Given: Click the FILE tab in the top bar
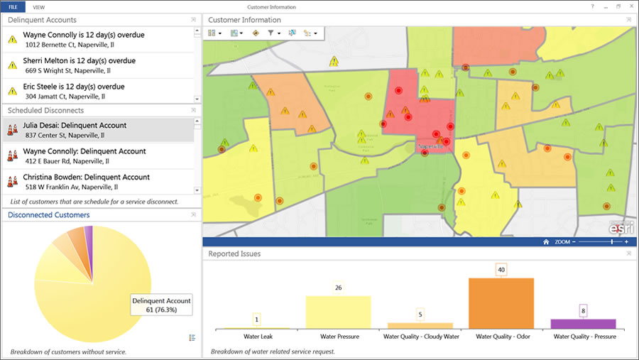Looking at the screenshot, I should pyautogui.click(x=13, y=6).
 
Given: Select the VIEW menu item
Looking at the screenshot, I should pyautogui.click(x=39, y=6).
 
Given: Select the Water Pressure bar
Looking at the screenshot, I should pyautogui.click(x=338, y=312).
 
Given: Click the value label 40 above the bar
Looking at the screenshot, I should pyautogui.click(x=501, y=270).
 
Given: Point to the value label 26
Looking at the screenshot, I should pyautogui.click(x=338, y=288).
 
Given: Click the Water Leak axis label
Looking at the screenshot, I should pyautogui.click(x=256, y=336).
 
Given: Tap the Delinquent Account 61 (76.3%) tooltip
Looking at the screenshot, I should pyautogui.click(x=161, y=305).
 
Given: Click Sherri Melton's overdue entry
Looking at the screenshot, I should pyautogui.click(x=79, y=61).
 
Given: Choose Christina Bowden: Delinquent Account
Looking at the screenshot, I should pyautogui.click(x=86, y=178).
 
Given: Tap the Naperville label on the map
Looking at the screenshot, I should pyautogui.click(x=431, y=146).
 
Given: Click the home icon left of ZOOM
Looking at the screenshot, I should pyautogui.click(x=546, y=241).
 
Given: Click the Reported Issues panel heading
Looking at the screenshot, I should pyautogui.click(x=234, y=253).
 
